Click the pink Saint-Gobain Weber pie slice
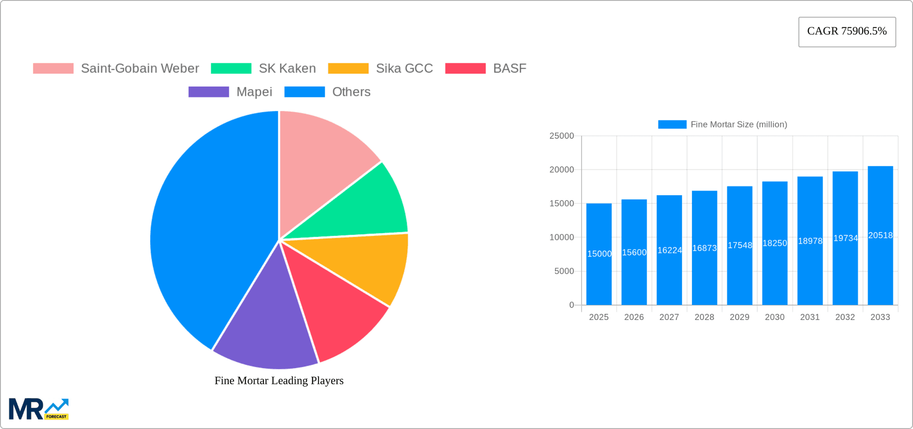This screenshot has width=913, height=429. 323,157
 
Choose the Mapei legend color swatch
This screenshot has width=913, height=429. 208,92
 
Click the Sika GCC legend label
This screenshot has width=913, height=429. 404,69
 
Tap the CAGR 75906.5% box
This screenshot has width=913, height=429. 847,31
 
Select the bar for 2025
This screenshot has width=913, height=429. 599,267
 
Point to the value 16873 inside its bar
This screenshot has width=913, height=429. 704,248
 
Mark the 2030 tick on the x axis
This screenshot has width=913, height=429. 775,317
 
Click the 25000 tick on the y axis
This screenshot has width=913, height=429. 562,136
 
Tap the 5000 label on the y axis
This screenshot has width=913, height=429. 564,271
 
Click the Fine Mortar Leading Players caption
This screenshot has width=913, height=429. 279,380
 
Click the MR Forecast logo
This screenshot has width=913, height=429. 39,409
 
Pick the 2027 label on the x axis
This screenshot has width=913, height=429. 669,317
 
